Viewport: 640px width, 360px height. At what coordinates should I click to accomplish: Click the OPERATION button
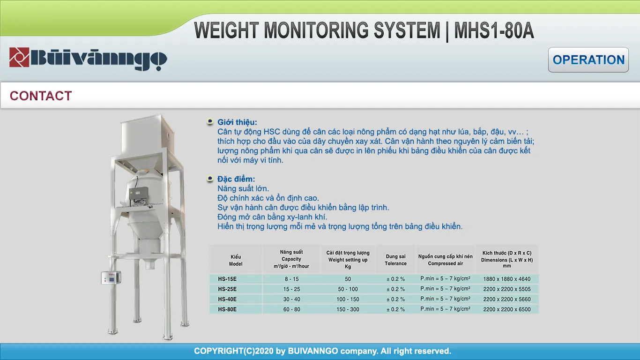[588, 60]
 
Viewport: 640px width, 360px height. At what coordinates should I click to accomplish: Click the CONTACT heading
[41, 96]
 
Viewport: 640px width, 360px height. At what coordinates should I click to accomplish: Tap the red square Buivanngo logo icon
[19, 57]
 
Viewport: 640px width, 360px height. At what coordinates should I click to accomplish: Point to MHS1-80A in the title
[494, 30]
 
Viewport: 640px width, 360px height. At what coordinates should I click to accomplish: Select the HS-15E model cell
[227, 279]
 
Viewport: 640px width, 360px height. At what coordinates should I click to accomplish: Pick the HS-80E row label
[227, 309]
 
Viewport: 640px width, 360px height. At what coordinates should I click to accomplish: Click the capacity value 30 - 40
[291, 299]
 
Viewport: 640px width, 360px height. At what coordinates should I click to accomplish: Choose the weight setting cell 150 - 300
[348, 309]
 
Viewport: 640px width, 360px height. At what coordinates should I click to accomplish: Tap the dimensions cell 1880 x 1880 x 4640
[507, 279]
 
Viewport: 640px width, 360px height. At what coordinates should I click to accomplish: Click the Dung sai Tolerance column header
[395, 260]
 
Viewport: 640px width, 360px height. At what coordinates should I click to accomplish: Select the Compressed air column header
[445, 260]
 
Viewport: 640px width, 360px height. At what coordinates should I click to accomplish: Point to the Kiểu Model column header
[235, 260]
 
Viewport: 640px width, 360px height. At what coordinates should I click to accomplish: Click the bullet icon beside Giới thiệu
[210, 121]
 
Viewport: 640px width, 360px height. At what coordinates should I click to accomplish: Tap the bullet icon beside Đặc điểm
[210, 179]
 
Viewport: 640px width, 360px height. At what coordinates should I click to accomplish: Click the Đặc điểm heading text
[236, 179]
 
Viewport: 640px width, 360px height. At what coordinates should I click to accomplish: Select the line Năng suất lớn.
[243, 188]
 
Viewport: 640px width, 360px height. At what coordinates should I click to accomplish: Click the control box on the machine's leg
[111, 277]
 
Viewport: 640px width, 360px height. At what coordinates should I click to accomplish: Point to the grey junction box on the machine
[139, 193]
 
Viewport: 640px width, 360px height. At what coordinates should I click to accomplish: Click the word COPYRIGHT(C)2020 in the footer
[234, 351]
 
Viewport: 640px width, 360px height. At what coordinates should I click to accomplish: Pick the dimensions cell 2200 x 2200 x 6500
[507, 309]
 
